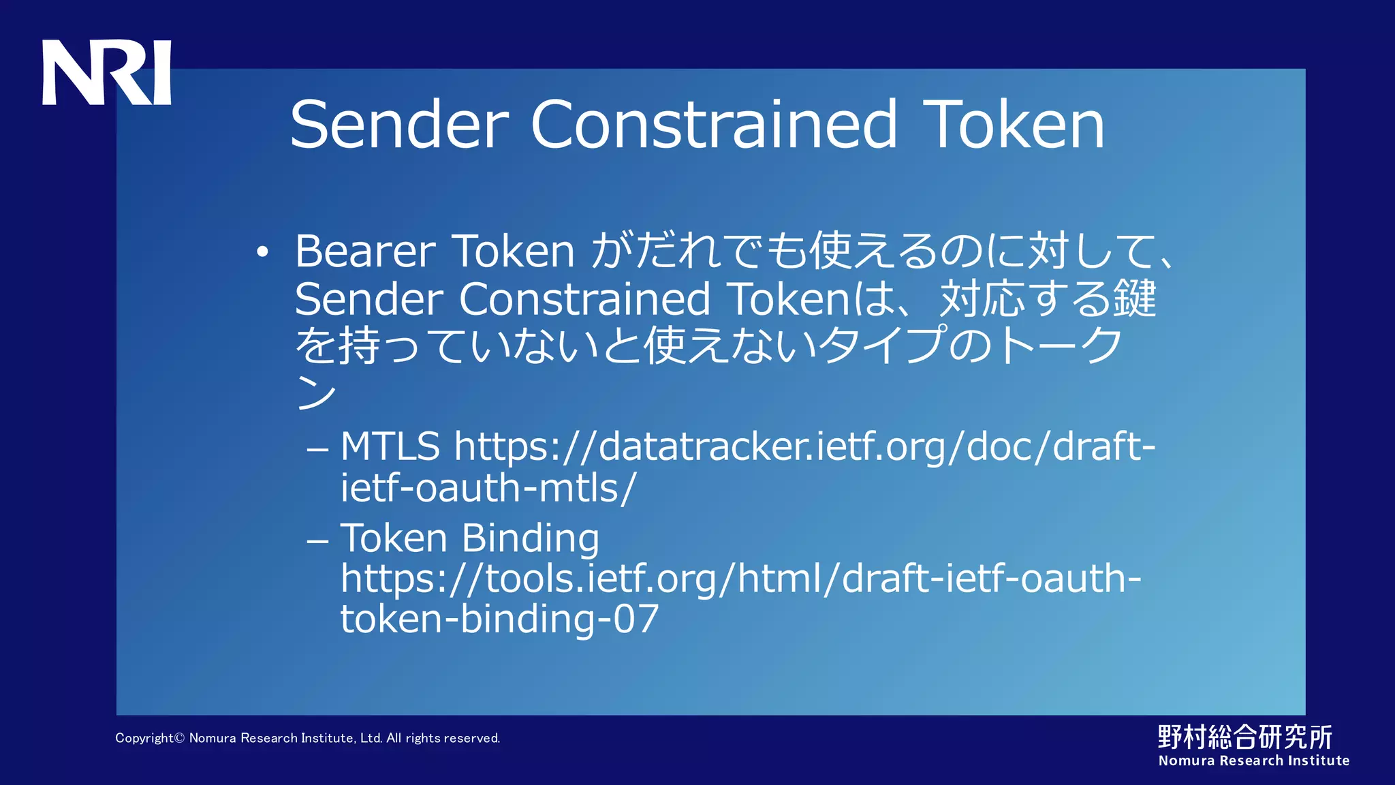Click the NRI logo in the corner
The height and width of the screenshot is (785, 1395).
[x=106, y=72]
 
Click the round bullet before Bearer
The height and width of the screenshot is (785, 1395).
[x=263, y=253]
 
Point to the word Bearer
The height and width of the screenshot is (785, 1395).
[x=365, y=251]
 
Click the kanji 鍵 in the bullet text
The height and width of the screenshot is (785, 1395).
[x=1134, y=299]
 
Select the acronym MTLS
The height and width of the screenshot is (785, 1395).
[x=390, y=447]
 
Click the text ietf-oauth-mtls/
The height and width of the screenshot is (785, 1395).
[x=488, y=489]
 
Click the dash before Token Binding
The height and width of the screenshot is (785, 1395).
[x=317, y=542]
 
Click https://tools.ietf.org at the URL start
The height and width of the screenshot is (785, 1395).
[x=524, y=579]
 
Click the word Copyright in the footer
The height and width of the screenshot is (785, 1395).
[x=144, y=738]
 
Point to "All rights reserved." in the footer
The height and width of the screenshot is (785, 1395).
[x=443, y=738]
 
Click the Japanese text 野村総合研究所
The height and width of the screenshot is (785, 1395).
[x=1244, y=737]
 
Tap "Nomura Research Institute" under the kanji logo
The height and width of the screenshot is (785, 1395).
[x=1253, y=760]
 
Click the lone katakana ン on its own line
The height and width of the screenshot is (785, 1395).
[x=316, y=393]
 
